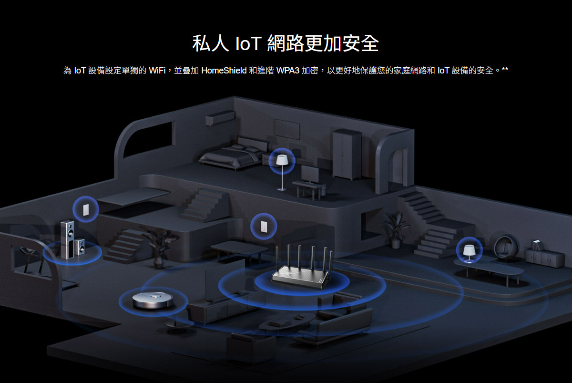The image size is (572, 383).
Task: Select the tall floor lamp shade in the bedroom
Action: tap(282, 160)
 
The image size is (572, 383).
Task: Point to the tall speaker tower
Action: tap(67, 239)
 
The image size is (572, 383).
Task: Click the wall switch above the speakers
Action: tap(86, 209)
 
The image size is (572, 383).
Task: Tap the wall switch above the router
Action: tap(264, 227)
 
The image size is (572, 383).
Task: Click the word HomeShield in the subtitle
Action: tap(224, 70)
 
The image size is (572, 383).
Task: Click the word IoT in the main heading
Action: tap(248, 43)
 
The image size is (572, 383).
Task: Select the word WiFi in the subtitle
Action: tap(157, 70)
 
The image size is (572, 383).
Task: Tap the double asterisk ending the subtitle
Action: tap(505, 70)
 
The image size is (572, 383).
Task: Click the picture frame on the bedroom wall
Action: tap(287, 129)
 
